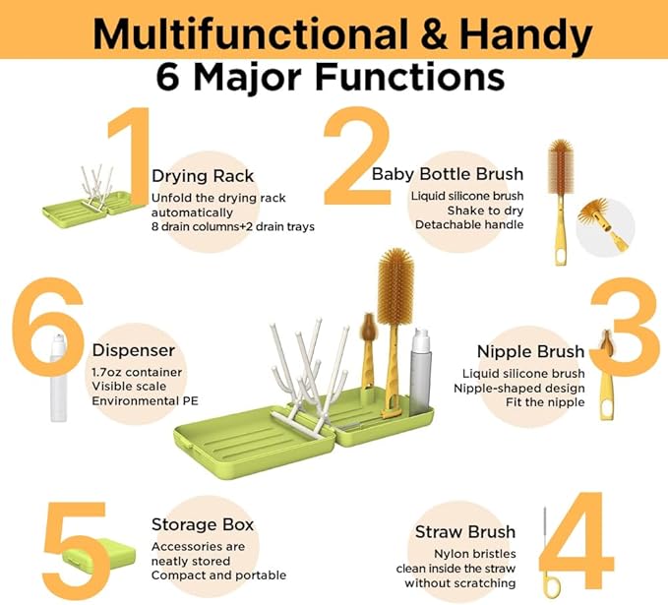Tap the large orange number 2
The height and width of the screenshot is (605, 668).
(357, 155)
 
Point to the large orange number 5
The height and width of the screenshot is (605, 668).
(76, 551)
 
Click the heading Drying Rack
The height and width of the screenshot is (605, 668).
(203, 176)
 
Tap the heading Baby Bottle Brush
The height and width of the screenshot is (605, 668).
(448, 174)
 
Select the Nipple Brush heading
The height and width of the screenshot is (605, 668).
(531, 351)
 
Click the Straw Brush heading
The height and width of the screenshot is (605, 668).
(465, 532)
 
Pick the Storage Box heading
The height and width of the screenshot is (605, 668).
(203, 524)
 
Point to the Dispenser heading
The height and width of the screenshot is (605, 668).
(134, 350)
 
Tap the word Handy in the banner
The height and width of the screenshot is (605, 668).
(525, 35)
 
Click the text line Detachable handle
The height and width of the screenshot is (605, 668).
(469, 224)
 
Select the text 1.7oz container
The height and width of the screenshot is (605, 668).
(137, 372)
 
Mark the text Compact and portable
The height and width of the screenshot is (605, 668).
(218, 575)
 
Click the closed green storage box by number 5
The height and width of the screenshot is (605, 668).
(98, 554)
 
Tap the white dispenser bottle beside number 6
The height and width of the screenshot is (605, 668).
(58, 378)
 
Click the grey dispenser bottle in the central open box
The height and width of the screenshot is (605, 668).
(420, 372)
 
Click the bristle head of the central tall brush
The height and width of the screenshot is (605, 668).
(395, 286)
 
